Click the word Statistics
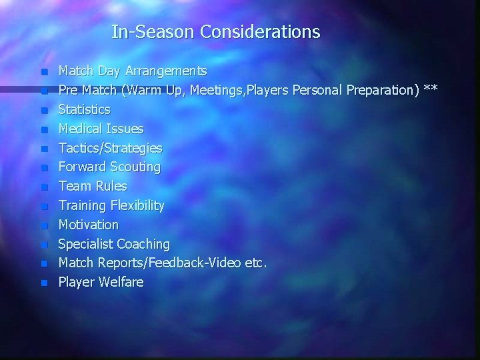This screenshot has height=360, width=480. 84,109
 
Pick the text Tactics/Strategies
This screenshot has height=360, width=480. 110,147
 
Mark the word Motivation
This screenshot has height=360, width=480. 88,225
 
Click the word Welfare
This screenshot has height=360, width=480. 121,282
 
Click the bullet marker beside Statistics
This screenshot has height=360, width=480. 44,109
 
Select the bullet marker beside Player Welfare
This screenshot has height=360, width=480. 44,283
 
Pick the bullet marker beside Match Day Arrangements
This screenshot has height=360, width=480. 44,71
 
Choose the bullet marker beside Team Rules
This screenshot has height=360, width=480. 44,187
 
